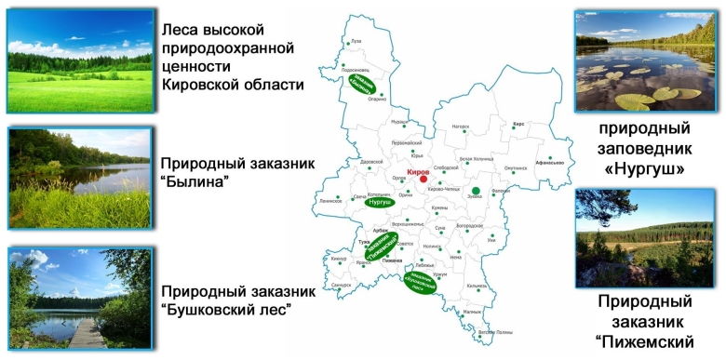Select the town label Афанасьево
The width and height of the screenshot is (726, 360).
pos(551,162)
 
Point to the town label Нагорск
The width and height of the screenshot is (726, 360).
pos(461,126)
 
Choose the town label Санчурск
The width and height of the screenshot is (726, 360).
pos(342,285)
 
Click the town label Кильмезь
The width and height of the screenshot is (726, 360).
pos(477,286)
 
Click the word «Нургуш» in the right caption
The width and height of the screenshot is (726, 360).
pos(643,169)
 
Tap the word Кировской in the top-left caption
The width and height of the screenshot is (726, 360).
pos(205,85)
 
